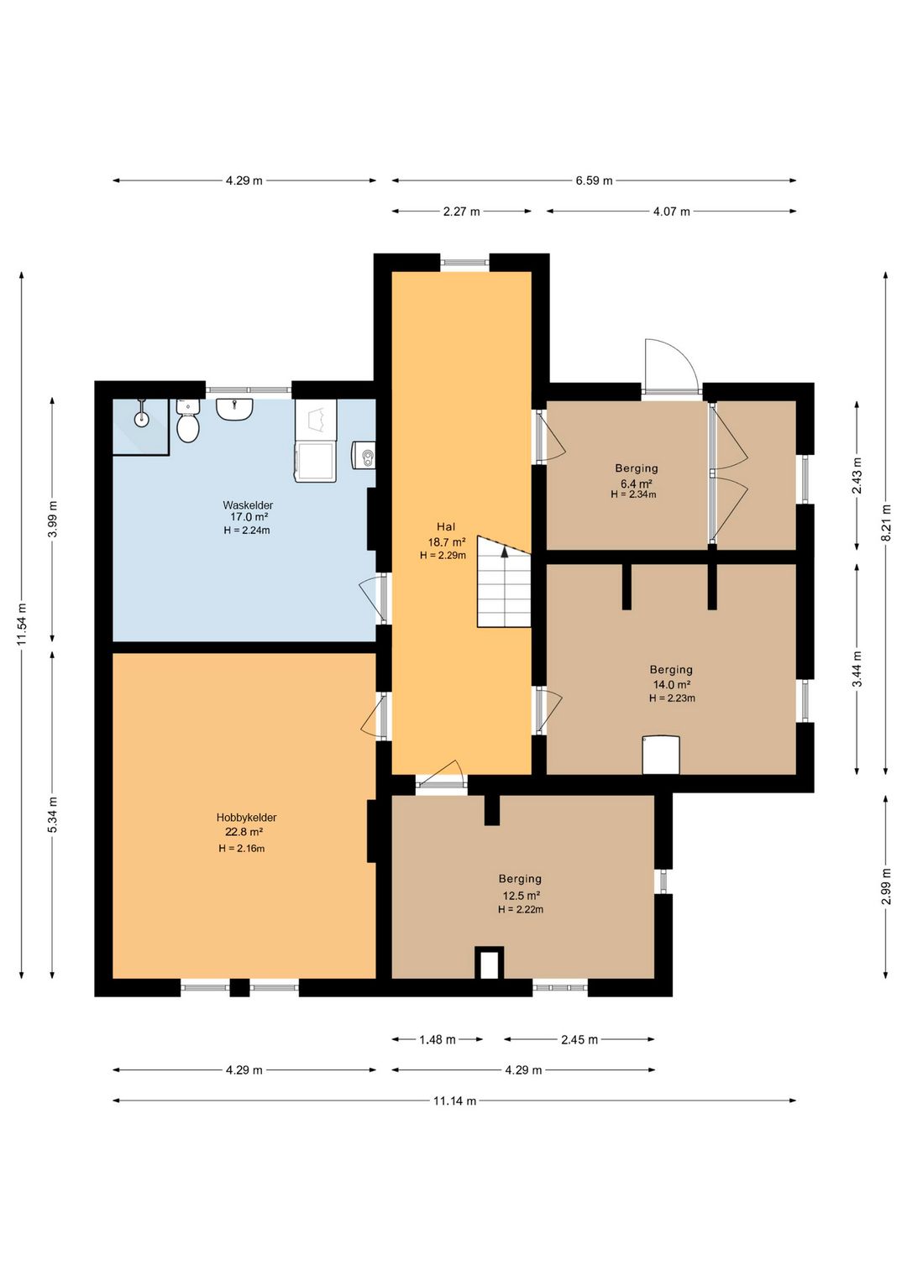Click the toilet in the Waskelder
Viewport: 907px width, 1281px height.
click(x=187, y=422)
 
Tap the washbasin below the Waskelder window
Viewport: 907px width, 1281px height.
click(x=234, y=410)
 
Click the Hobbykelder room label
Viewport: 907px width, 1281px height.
click(x=246, y=818)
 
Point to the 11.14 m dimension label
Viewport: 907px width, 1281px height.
click(x=454, y=1101)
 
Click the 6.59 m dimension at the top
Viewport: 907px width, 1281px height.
click(x=594, y=180)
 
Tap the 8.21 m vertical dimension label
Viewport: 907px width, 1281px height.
click(x=886, y=522)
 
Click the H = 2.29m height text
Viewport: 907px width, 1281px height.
click(x=443, y=555)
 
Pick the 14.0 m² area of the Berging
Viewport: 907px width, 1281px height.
click(x=672, y=684)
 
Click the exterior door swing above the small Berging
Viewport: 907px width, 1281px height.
click(x=670, y=364)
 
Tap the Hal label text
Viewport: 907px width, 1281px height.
click(x=446, y=526)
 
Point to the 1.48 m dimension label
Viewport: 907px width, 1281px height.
click(x=438, y=1040)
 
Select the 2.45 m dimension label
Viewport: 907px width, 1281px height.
click(x=579, y=1040)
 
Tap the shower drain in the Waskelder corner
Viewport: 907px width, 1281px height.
click(x=141, y=419)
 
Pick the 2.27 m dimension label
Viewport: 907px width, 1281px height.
click(x=461, y=212)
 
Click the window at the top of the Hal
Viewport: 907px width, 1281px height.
click(x=464, y=263)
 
